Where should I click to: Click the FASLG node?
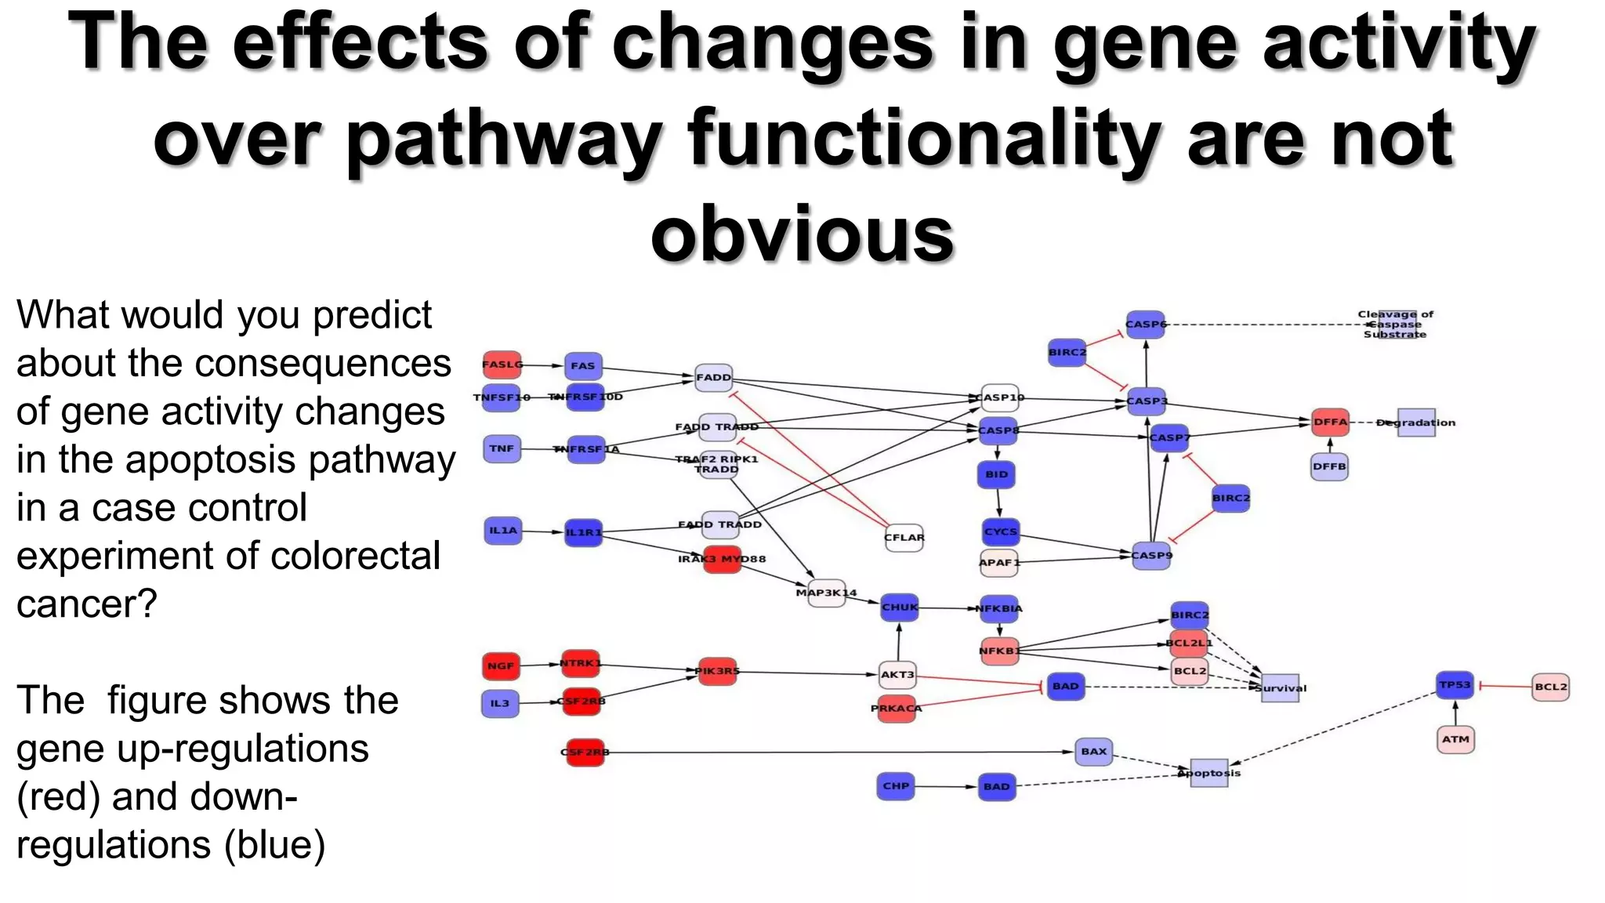tap(502, 364)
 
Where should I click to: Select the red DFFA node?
tap(1330, 422)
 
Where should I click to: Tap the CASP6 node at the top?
tap(1145, 324)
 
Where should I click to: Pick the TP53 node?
tap(1455, 685)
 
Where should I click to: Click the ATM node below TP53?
tap(1455, 739)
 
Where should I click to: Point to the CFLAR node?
tap(904, 538)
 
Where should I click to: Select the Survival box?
tap(1280, 688)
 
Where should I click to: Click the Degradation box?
tap(1416, 422)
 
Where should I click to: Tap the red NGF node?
tap(501, 666)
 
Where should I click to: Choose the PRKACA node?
tap(897, 709)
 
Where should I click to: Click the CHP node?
tap(896, 785)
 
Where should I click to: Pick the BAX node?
tap(1093, 751)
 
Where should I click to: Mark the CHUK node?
tap(899, 607)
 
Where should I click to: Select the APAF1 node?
tap(998, 563)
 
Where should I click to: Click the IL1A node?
tap(503, 531)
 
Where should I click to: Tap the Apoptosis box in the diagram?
tap(1209, 773)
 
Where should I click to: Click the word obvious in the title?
tap(802, 234)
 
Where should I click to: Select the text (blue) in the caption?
tap(274, 845)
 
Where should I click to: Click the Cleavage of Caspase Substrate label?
tap(1395, 325)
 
